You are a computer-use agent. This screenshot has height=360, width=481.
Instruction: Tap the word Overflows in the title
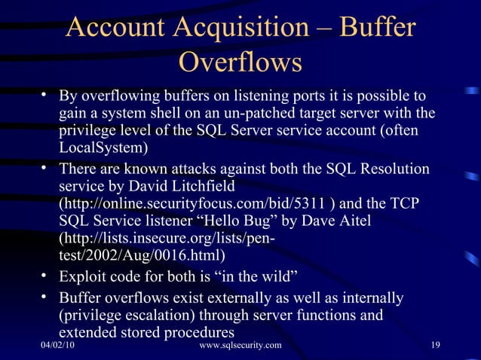point(240,63)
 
